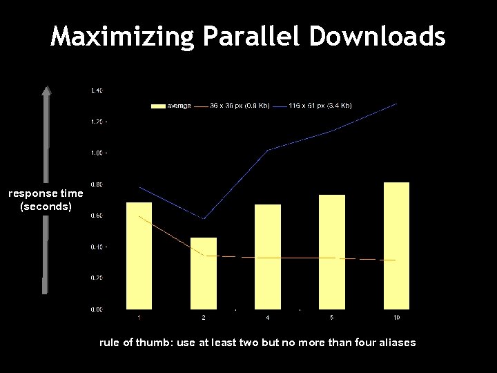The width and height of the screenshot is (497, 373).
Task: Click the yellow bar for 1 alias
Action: [x=139, y=256]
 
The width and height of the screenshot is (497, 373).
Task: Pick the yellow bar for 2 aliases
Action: [x=204, y=274]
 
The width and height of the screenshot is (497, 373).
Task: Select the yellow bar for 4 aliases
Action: [x=268, y=256]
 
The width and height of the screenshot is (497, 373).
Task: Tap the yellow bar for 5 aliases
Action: [x=332, y=251]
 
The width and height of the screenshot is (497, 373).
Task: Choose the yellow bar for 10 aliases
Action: [x=396, y=245]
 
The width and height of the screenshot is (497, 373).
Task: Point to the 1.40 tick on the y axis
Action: [x=97, y=90]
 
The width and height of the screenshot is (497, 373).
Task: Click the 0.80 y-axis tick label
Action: [x=97, y=184]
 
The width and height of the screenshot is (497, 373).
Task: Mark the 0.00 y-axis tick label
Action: [x=97, y=309]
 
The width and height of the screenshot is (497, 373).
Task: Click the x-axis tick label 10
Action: [x=396, y=318]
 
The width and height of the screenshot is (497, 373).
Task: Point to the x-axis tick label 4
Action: [x=268, y=318]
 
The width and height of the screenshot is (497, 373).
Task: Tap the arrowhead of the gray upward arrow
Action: [x=46, y=90]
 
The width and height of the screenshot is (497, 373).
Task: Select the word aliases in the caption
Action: [x=396, y=343]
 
